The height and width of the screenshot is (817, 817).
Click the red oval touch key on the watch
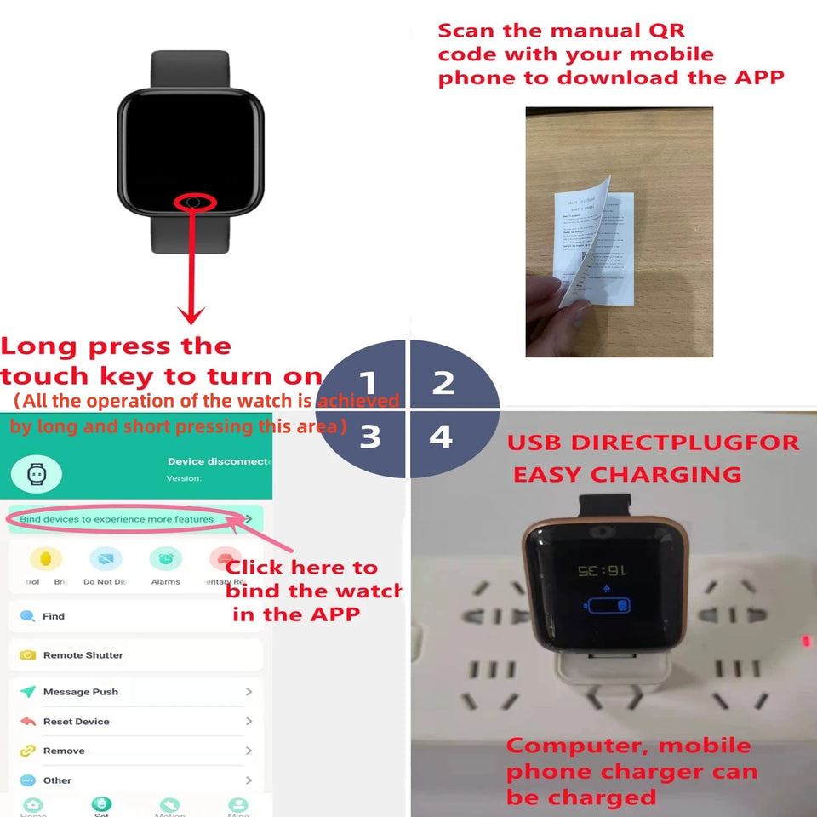click(x=195, y=202)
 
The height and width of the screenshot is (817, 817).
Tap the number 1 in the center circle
click(x=368, y=382)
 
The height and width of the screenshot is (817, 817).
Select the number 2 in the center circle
click(x=443, y=382)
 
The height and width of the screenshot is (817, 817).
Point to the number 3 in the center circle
click(x=369, y=436)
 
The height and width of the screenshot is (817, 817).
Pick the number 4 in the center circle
click(x=441, y=436)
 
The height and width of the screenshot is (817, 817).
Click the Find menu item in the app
click(x=54, y=616)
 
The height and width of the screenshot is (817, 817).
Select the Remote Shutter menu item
click(x=83, y=655)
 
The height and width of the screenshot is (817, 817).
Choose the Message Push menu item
click(x=80, y=692)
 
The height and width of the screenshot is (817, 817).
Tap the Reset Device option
click(x=76, y=722)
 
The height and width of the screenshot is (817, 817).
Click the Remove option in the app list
click(x=64, y=751)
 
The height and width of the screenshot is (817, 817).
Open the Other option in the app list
click(x=57, y=780)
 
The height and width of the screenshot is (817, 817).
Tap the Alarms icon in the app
click(x=165, y=559)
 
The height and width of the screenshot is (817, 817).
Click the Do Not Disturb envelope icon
click(x=106, y=559)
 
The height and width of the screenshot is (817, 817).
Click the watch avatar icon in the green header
click(x=36, y=475)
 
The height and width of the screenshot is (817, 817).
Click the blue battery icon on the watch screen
click(x=607, y=606)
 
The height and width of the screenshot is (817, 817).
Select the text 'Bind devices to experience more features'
click(x=117, y=519)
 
